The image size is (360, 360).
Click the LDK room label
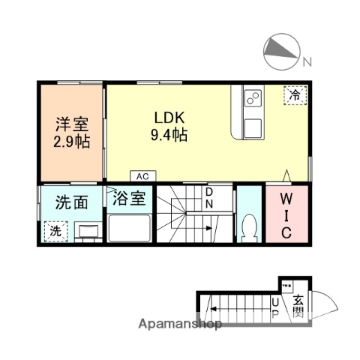(170, 118)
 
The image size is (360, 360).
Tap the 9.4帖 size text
(170, 136)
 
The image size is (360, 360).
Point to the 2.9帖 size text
(71, 142)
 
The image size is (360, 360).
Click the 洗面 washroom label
(71, 202)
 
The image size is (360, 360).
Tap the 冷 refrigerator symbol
(295, 95)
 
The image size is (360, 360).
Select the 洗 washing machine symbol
(55, 232)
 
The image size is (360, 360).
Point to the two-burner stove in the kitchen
(251, 97)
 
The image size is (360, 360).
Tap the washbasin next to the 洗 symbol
(88, 231)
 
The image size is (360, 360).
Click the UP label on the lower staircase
(274, 307)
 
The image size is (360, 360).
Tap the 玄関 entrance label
(298, 305)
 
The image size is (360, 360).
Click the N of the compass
(307, 60)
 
